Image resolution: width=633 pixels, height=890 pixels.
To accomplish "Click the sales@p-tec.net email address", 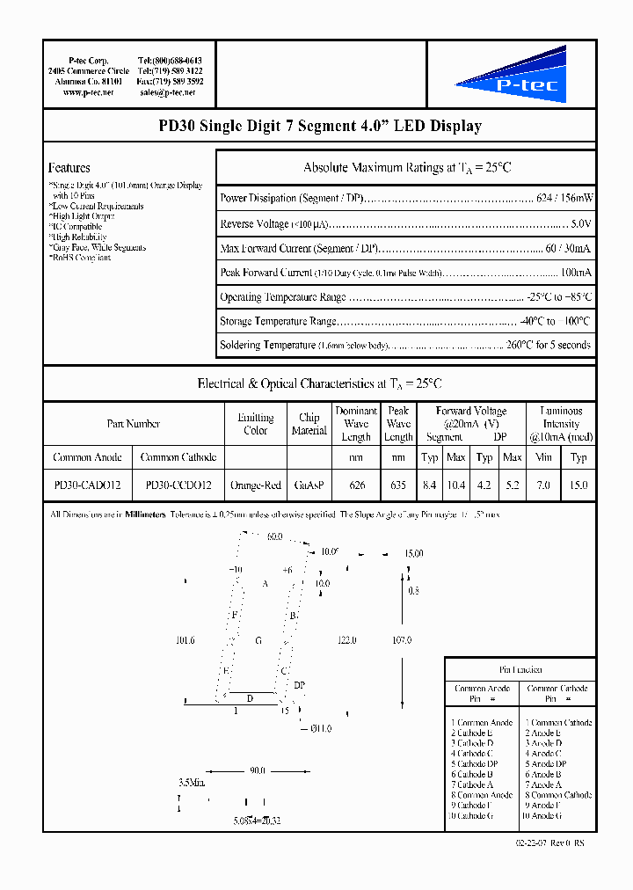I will point(171,92).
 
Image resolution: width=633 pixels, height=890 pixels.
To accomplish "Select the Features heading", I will point(69,168).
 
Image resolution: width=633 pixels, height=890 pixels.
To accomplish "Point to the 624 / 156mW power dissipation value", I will point(564,199).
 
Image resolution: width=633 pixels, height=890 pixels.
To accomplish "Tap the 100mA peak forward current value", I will point(575,273).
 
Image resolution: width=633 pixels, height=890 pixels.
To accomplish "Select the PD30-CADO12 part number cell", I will point(88,485).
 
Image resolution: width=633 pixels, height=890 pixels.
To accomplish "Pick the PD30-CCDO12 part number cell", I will point(178,485).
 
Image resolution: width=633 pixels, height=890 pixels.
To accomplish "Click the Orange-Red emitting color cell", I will point(256,485).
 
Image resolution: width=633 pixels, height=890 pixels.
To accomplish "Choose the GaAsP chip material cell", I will point(309,485).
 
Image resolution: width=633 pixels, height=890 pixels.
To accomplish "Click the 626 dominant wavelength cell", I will point(356,485).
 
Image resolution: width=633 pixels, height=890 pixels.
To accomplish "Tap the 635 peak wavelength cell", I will point(398,485).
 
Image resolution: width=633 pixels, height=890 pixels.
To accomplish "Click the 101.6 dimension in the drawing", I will point(185,641).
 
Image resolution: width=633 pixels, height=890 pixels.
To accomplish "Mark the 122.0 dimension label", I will point(346,641).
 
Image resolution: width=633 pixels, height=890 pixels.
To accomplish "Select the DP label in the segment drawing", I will point(299,684).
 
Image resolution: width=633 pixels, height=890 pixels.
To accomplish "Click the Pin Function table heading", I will point(520,670).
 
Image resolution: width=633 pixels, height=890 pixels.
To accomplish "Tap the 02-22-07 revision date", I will point(534,843).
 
